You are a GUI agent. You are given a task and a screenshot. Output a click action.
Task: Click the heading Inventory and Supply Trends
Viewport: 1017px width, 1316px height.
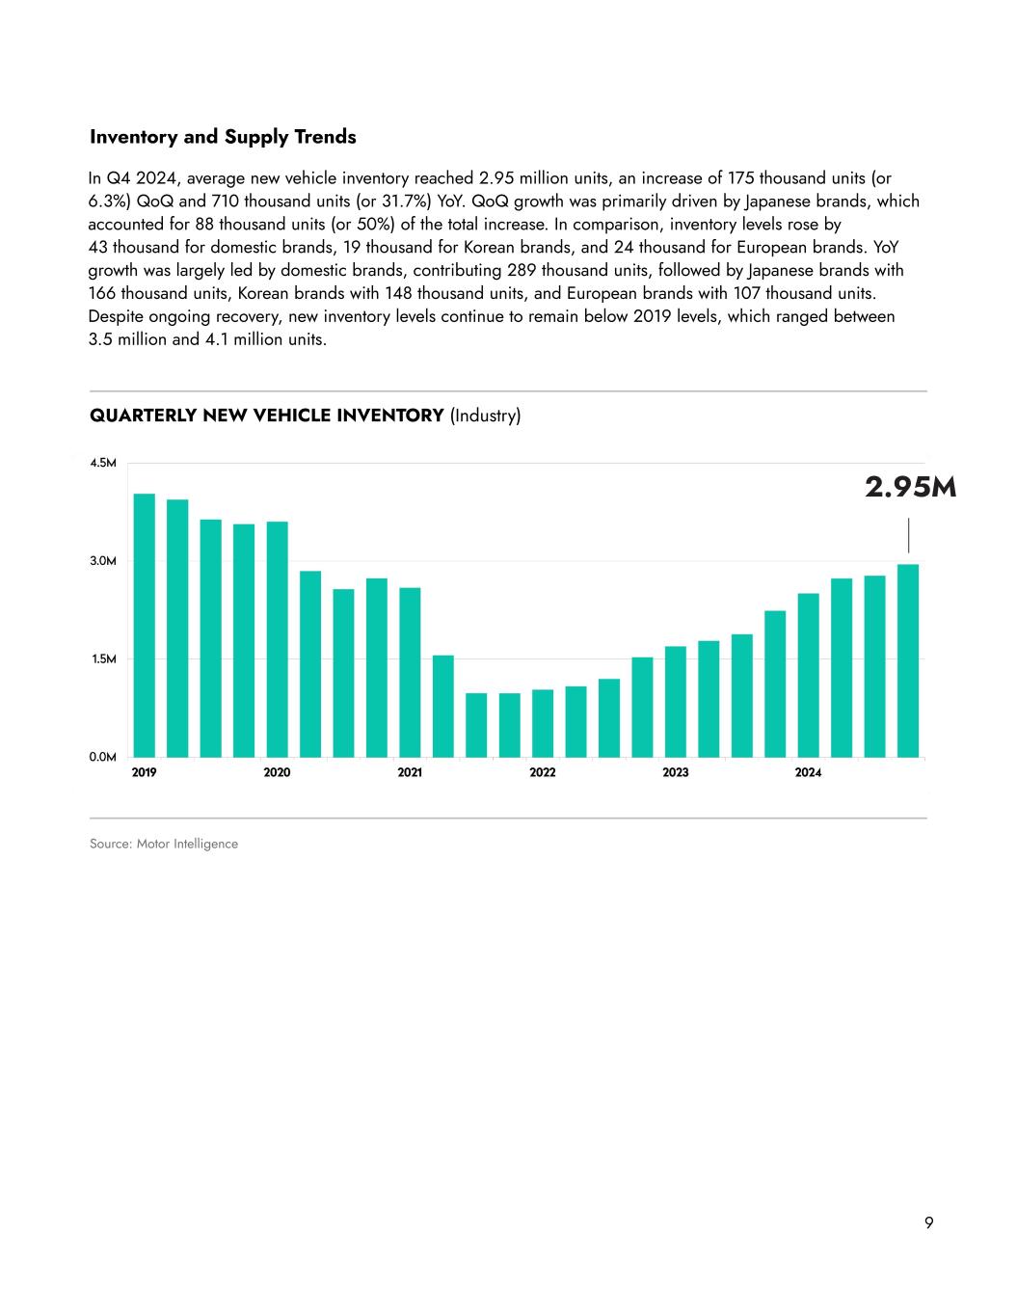[x=223, y=137]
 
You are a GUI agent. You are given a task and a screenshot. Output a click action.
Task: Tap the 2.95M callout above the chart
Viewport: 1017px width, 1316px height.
[x=910, y=488]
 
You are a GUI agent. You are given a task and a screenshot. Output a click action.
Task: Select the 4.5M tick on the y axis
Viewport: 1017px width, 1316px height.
[x=103, y=464]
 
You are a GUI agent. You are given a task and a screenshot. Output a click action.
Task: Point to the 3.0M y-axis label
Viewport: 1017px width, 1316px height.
[x=103, y=561]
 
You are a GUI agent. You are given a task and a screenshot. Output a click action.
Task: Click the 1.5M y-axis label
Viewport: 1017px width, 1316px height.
[x=103, y=659]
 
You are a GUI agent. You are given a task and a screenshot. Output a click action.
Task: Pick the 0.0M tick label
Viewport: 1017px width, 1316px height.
[x=103, y=758]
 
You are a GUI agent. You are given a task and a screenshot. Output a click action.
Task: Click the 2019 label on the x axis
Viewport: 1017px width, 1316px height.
[x=144, y=773]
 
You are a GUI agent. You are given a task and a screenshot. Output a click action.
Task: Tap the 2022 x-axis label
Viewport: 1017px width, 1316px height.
[x=543, y=773]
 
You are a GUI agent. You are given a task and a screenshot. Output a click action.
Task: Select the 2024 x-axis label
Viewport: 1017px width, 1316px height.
[x=808, y=773]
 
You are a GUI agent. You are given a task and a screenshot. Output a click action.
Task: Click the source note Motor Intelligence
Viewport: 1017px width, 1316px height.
[x=164, y=845]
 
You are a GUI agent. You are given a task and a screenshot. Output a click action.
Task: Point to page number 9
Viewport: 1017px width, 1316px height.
[x=928, y=1223]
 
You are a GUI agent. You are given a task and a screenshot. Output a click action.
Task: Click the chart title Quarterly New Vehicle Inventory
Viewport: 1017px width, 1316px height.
[x=267, y=416]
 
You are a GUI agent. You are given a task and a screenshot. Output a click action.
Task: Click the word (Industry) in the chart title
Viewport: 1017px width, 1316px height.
[x=486, y=416]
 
